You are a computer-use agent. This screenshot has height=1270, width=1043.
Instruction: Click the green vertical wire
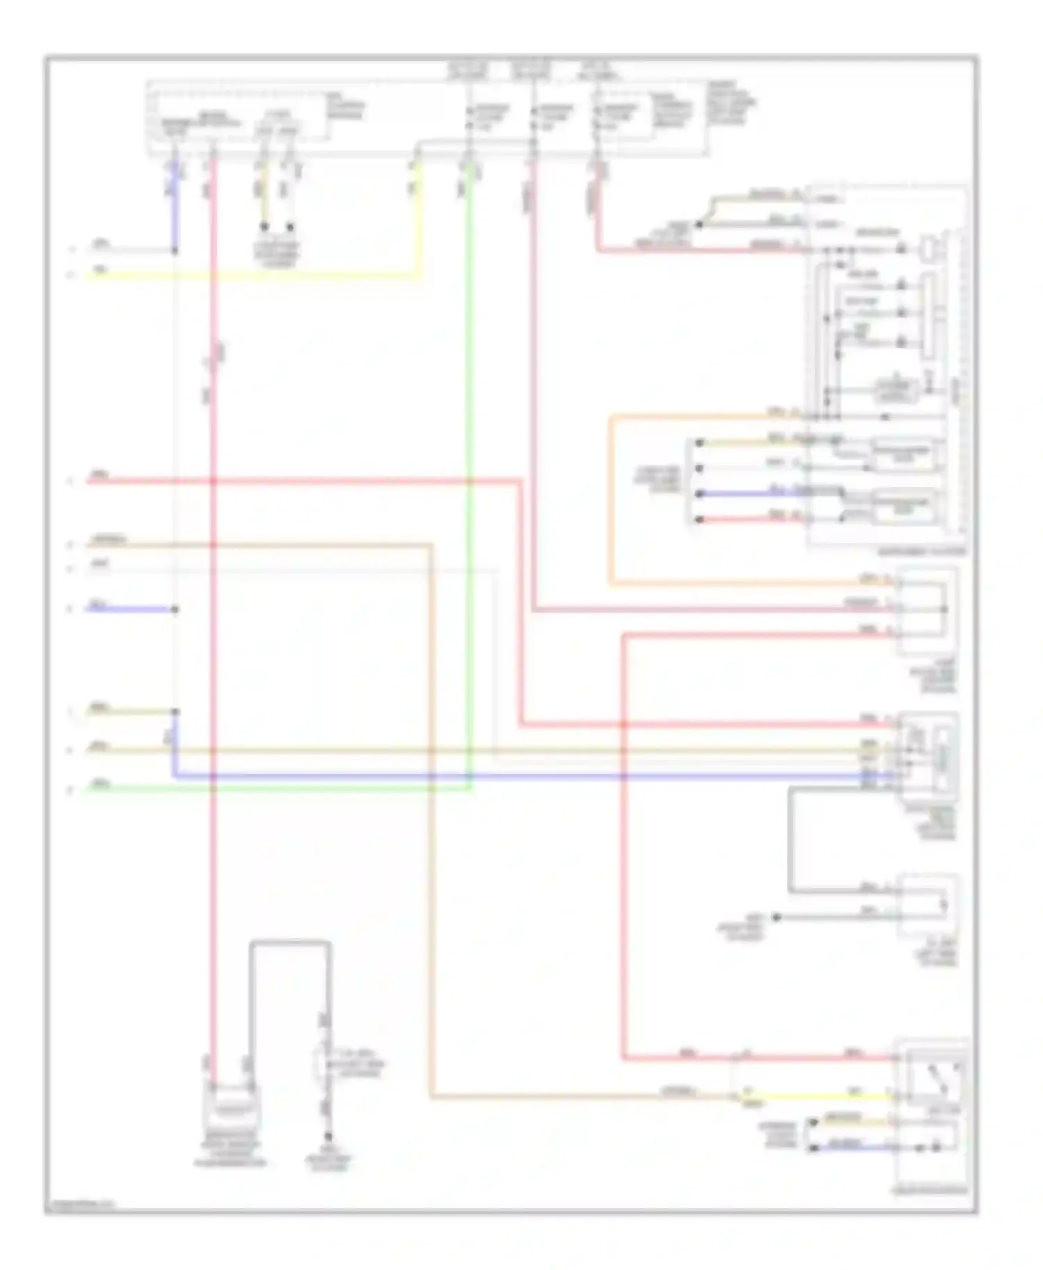click(x=471, y=487)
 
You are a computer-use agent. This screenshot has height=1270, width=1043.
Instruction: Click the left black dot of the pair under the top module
click(x=264, y=227)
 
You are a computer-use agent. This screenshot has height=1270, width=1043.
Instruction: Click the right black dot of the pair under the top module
click(x=291, y=227)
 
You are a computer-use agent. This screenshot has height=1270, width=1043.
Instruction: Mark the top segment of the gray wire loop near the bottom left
click(x=291, y=943)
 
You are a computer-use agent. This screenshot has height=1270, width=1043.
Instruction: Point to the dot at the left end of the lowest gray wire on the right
click(x=777, y=917)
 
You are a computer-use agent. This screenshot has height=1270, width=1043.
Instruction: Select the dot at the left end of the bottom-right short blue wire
click(x=812, y=1148)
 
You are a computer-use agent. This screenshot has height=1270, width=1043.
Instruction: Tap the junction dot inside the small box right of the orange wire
click(x=944, y=610)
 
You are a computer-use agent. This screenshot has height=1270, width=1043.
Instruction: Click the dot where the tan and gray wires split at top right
click(x=700, y=225)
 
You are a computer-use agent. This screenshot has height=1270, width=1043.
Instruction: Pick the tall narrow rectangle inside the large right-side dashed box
click(x=928, y=317)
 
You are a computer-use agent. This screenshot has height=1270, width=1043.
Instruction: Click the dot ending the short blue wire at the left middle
click(x=175, y=610)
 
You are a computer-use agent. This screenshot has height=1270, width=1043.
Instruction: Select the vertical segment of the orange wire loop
click(x=610, y=501)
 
